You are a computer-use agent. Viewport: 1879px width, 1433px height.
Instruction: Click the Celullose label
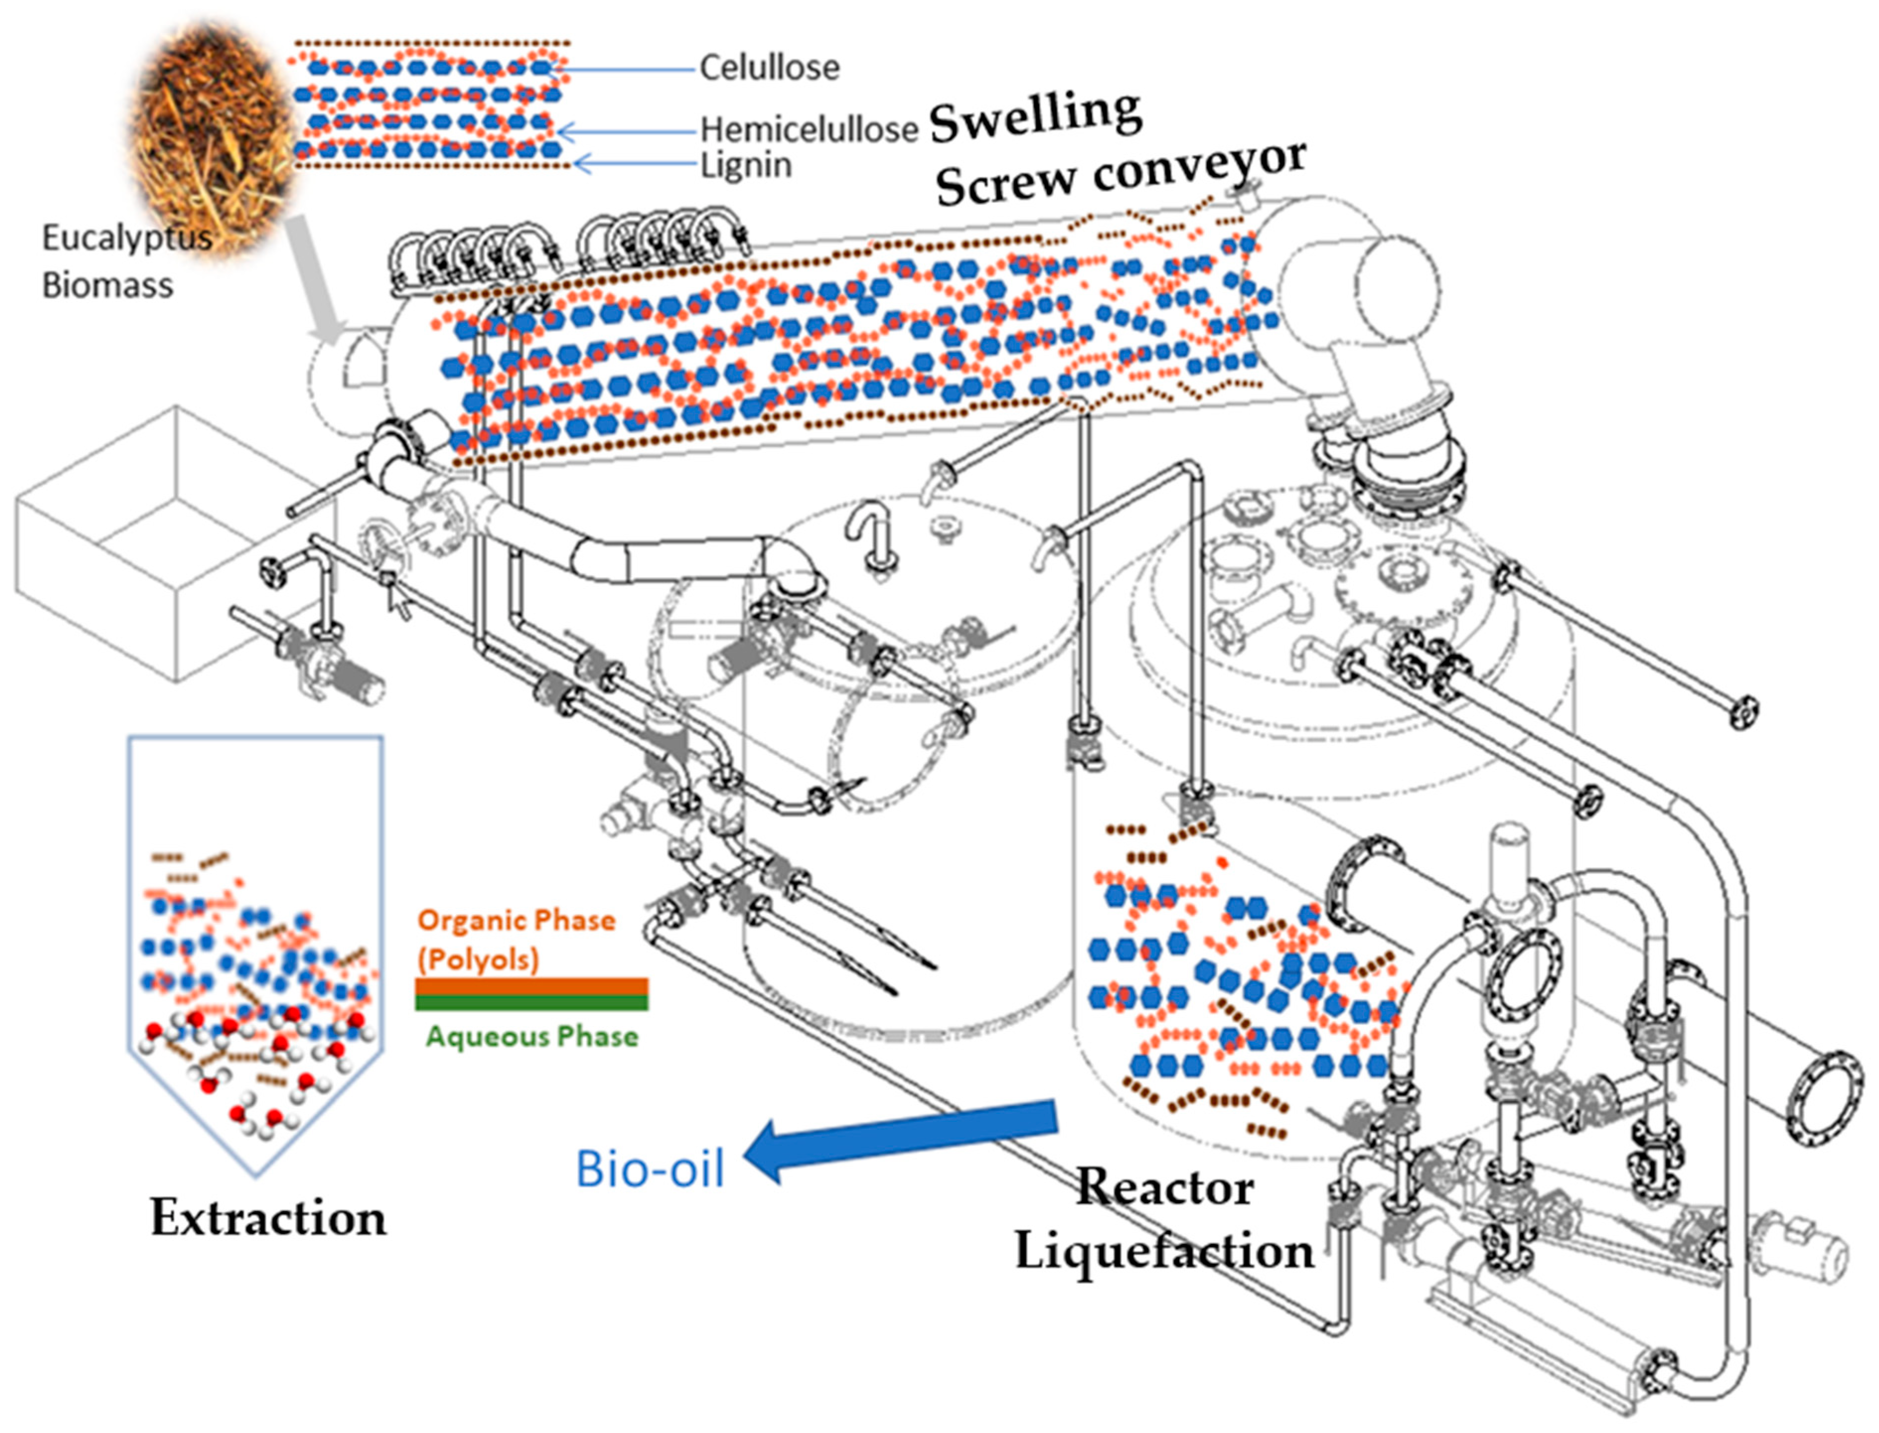click(x=769, y=68)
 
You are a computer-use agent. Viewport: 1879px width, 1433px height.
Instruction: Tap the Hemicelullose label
click(x=808, y=130)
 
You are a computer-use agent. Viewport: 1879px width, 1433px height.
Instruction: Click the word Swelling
click(x=1035, y=116)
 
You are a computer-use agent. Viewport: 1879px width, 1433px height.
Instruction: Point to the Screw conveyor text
click(x=1120, y=175)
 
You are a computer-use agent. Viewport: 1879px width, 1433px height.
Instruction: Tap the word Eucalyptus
click(x=126, y=237)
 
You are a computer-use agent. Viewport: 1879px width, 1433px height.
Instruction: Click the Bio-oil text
click(x=650, y=1168)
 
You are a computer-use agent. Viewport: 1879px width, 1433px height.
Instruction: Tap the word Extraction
click(x=268, y=1218)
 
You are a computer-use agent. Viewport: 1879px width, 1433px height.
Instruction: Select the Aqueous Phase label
click(x=532, y=1036)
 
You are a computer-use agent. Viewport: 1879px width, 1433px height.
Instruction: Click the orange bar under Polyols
click(x=531, y=986)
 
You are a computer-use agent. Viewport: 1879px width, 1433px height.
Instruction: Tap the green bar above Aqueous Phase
click(x=531, y=1003)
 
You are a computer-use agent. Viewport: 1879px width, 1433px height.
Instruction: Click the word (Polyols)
click(x=478, y=959)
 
